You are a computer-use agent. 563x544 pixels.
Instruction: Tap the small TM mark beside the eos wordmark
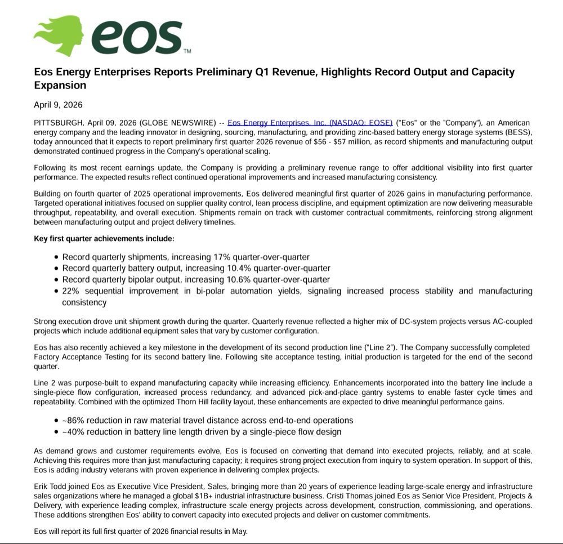[187, 51]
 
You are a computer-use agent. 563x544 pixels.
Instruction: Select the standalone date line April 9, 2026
[58, 105]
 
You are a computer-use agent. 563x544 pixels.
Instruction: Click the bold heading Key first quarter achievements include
[104, 239]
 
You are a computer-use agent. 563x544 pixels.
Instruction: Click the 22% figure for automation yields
[71, 291]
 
